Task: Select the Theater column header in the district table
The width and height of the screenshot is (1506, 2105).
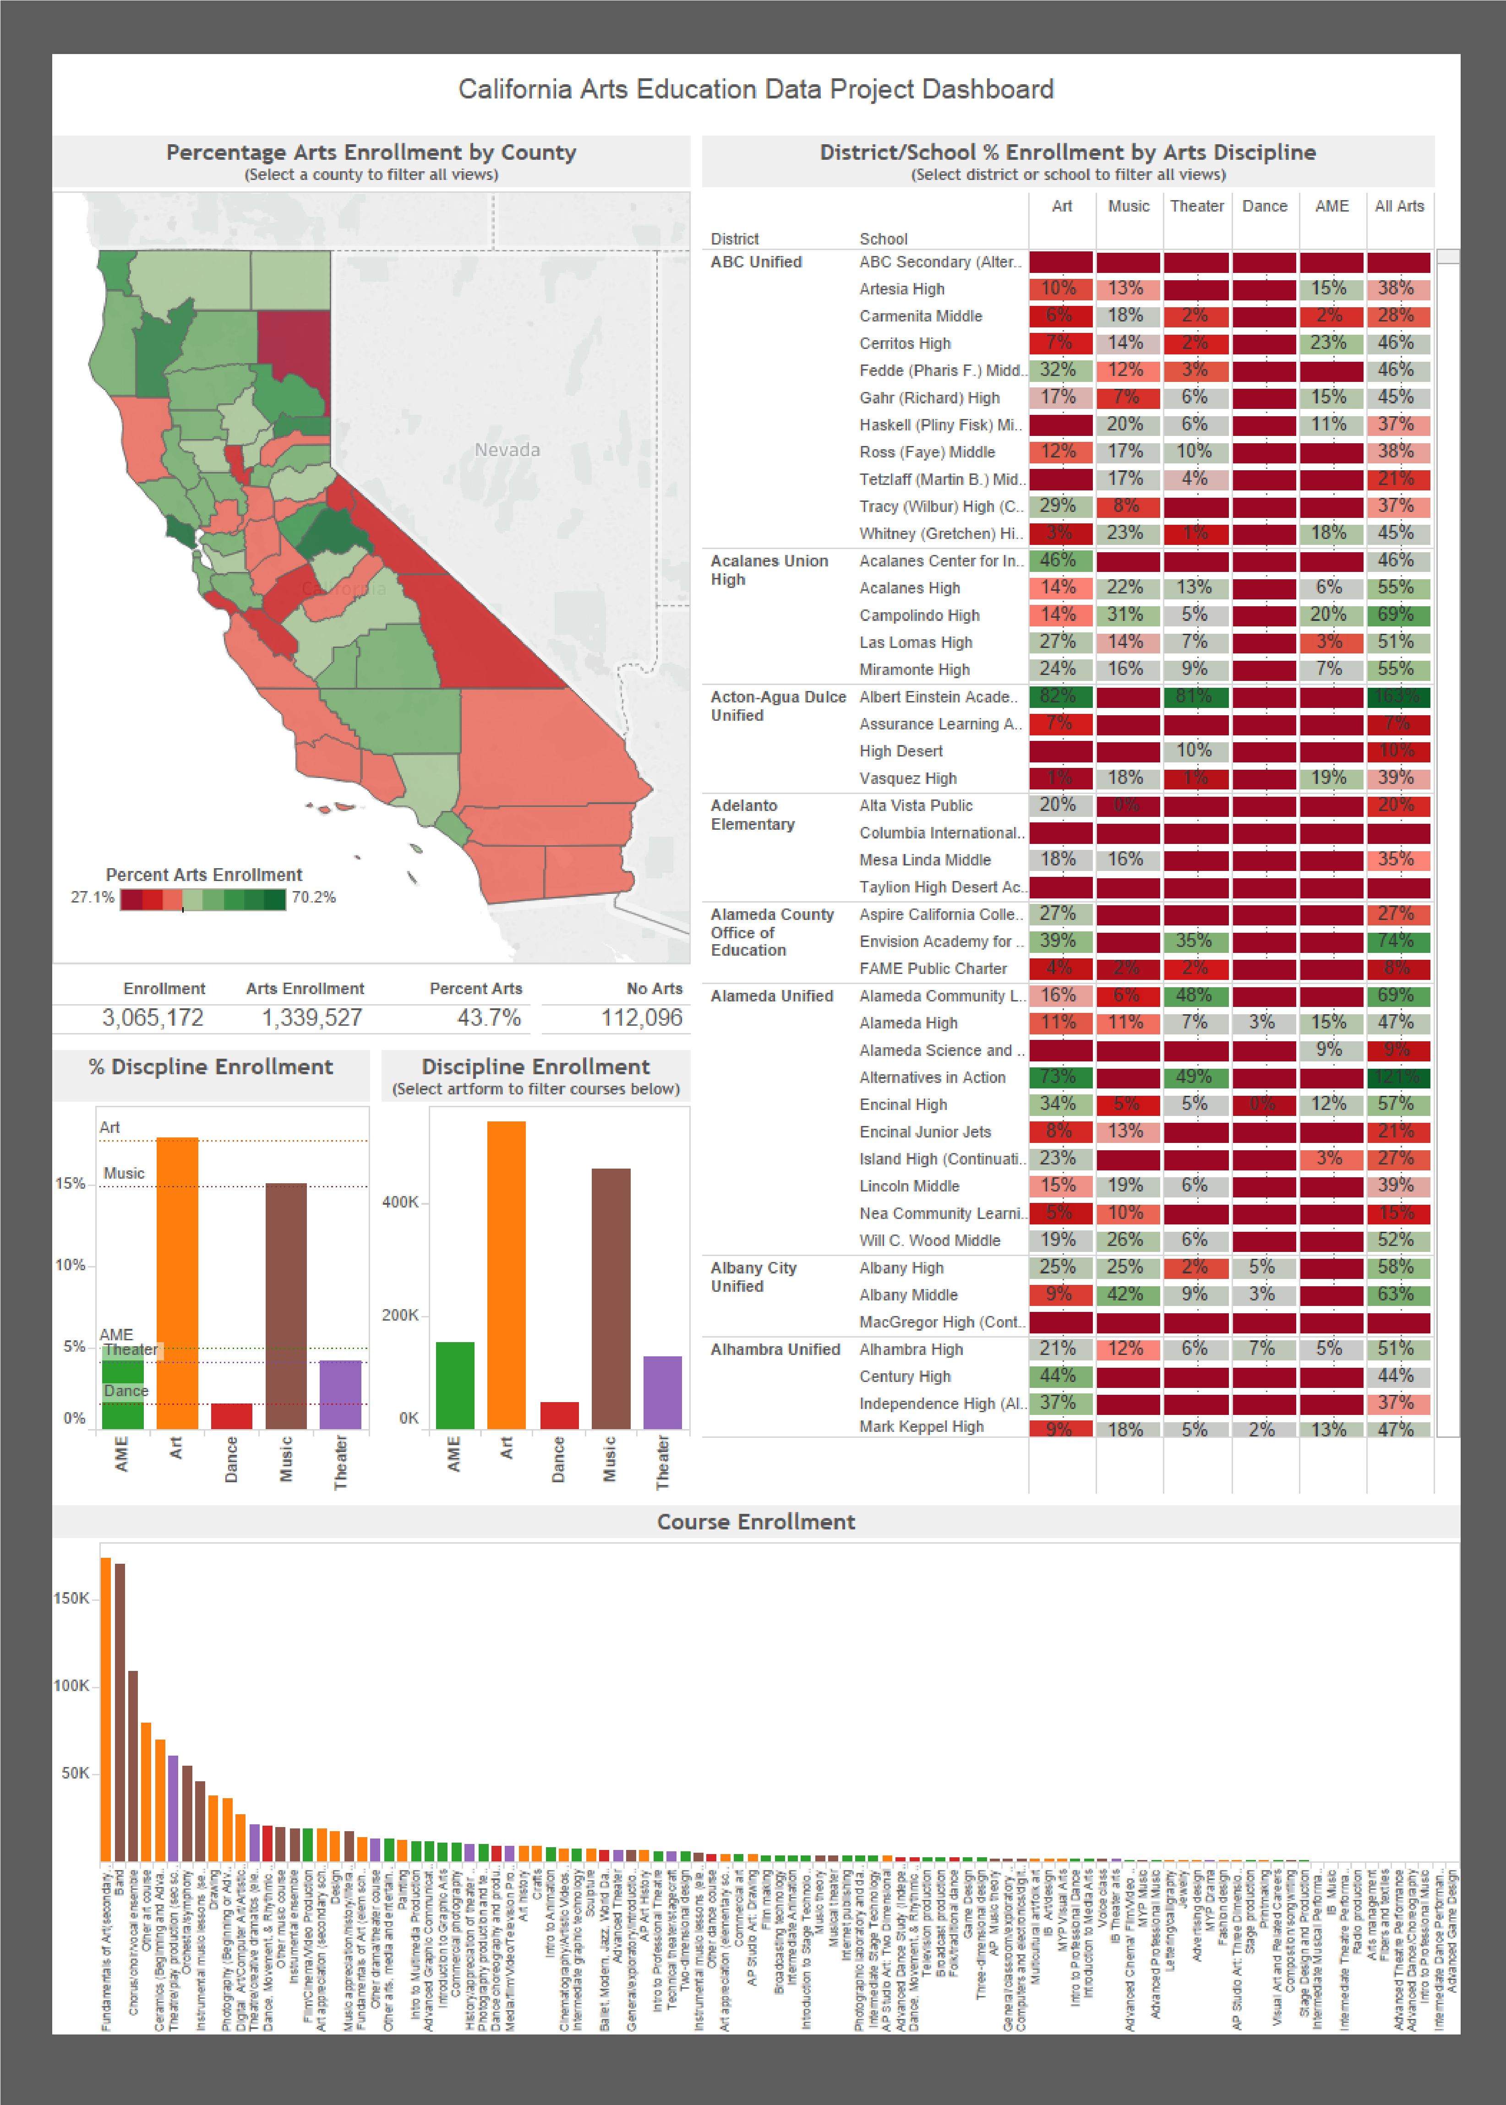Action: (1196, 206)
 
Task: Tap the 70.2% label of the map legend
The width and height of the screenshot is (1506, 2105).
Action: (313, 897)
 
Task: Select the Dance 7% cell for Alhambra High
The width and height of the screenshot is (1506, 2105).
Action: (1262, 1349)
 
